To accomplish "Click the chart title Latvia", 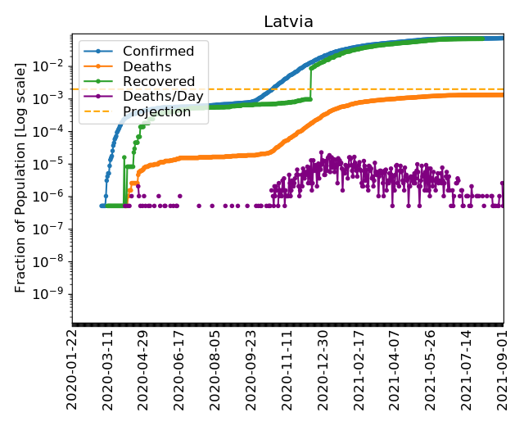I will point(288,22).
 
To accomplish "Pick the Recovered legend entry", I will point(152,82).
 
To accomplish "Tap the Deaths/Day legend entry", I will point(156,97).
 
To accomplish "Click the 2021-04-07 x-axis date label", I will point(395,369).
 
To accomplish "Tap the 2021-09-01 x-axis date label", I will point(502,369).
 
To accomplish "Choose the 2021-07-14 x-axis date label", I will point(467,369).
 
